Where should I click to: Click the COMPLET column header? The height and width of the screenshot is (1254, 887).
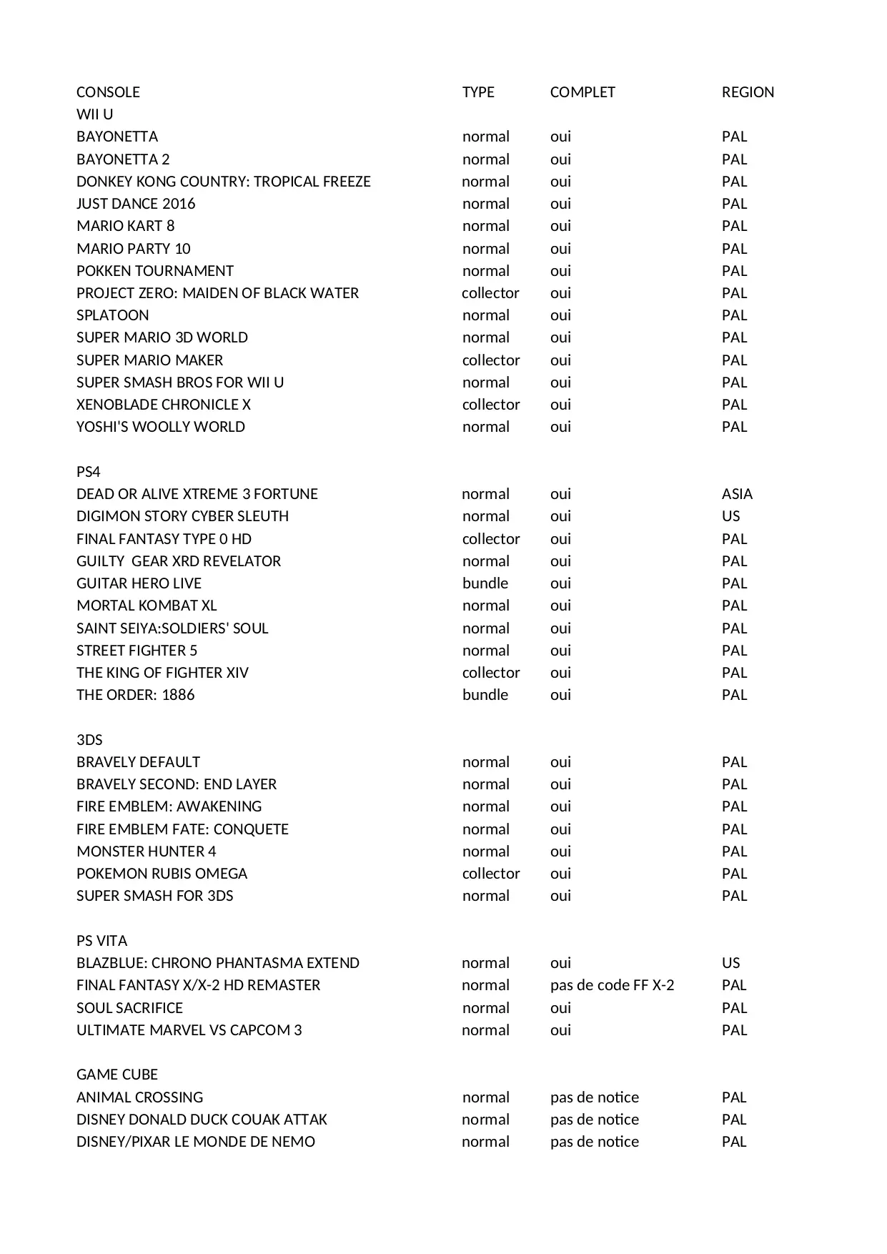[582, 92]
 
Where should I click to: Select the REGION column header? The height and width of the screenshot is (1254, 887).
[748, 92]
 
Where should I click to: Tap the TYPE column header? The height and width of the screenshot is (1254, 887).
[478, 92]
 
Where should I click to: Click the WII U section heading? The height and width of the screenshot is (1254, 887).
[94, 114]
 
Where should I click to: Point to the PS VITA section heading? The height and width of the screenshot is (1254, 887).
[101, 941]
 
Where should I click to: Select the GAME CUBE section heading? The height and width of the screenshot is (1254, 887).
[117, 1075]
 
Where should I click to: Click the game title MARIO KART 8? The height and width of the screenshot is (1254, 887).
[125, 226]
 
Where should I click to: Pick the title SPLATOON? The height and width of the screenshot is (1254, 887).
[113, 315]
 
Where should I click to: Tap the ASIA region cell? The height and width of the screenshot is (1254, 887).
[737, 494]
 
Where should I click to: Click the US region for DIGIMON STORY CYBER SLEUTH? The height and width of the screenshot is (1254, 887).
[730, 516]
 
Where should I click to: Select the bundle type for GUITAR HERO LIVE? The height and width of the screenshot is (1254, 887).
[485, 583]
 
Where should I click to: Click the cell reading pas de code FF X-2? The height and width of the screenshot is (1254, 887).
[612, 985]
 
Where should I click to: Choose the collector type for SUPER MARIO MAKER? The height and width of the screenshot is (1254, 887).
[491, 360]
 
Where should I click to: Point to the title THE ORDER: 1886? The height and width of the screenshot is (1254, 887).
[135, 695]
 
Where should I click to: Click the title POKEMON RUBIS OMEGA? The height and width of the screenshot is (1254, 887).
[162, 874]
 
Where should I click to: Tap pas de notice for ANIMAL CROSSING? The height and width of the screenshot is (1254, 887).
[594, 1097]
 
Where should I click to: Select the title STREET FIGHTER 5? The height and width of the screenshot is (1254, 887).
[137, 651]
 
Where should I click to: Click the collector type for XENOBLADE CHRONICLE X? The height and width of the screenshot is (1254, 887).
[491, 405]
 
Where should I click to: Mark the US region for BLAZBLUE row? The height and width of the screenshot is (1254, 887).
[730, 963]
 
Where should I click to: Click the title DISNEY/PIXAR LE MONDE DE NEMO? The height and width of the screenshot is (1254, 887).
[195, 1142]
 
